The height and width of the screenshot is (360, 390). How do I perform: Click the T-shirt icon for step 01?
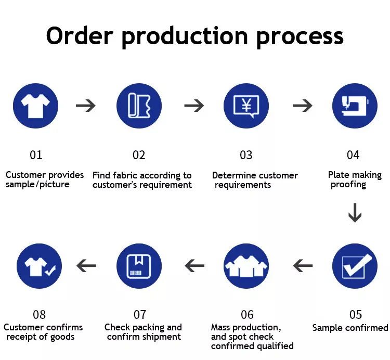pyautogui.click(x=36, y=106)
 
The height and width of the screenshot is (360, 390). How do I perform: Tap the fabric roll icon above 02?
pyautogui.click(x=139, y=106)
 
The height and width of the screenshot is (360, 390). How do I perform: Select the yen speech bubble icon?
pyautogui.click(x=246, y=106)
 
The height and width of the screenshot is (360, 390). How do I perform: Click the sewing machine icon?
pyautogui.click(x=355, y=106)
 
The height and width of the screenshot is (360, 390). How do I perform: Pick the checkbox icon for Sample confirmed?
pyautogui.click(x=355, y=266)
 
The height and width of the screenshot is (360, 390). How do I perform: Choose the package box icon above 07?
pyautogui.click(x=139, y=266)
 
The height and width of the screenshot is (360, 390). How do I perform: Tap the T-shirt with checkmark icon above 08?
pyautogui.click(x=39, y=266)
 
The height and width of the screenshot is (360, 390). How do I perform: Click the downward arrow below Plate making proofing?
pyautogui.click(x=355, y=212)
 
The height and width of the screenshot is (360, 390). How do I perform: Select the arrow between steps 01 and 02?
pyautogui.click(x=86, y=106)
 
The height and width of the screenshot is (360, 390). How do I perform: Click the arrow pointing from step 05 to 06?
pyautogui.click(x=303, y=266)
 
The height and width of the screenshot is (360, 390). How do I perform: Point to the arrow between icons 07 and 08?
pyautogui.click(x=86, y=266)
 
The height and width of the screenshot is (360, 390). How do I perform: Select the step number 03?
pyautogui.click(x=246, y=155)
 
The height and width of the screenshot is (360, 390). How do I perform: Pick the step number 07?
pyautogui.click(x=140, y=315)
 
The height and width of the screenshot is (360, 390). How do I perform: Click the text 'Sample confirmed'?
pyautogui.click(x=350, y=328)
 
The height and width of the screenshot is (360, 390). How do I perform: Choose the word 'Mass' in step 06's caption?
pyautogui.click(x=222, y=327)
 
